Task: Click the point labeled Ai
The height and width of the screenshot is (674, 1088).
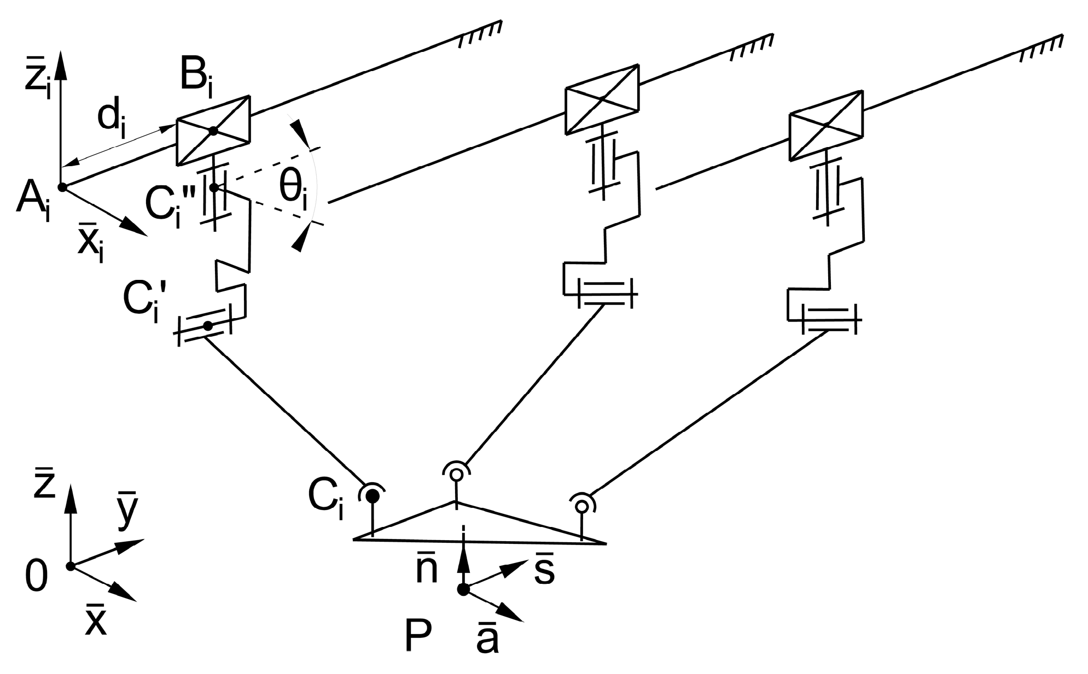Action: [x=62, y=187]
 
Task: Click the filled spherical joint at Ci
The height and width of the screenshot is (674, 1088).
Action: [x=373, y=496]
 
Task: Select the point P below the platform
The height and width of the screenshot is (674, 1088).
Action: [x=463, y=590]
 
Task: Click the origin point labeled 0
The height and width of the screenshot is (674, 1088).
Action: [x=70, y=566]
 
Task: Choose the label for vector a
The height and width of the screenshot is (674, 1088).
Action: [x=487, y=640]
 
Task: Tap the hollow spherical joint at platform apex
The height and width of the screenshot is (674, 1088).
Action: [x=456, y=474]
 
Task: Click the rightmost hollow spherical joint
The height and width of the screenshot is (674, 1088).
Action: [x=581, y=506]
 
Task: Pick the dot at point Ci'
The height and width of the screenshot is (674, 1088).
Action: [x=207, y=326]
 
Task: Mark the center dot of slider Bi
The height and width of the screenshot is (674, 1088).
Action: [x=213, y=131]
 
